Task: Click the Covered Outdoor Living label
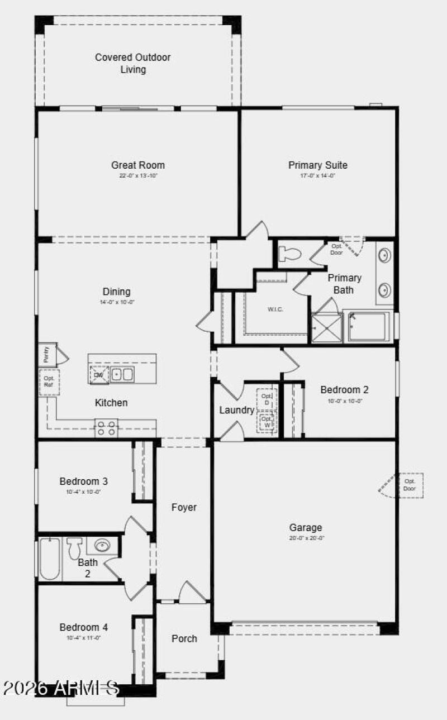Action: coord(133,63)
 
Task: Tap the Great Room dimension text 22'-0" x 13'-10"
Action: coord(138,175)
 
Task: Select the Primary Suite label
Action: coord(318,165)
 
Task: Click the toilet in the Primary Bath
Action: coord(291,254)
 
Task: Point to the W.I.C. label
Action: coord(275,309)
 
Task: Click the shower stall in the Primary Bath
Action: coord(327,327)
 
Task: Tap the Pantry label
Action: coord(46,355)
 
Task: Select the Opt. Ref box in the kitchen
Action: coord(49,382)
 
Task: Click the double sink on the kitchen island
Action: coord(121,374)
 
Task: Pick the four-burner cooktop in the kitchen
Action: coord(106,428)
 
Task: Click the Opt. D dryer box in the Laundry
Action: coord(267,399)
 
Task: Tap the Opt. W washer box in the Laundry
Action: coord(267,422)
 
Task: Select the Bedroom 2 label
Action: coord(344,390)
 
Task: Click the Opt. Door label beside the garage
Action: coord(410,485)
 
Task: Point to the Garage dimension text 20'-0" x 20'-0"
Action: coord(306,538)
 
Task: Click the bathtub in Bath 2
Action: coord(50,559)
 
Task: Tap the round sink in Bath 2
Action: coord(102,545)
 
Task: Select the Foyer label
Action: coord(184,507)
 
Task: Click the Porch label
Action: coord(184,638)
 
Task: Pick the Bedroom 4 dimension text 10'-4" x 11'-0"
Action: coord(84,637)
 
